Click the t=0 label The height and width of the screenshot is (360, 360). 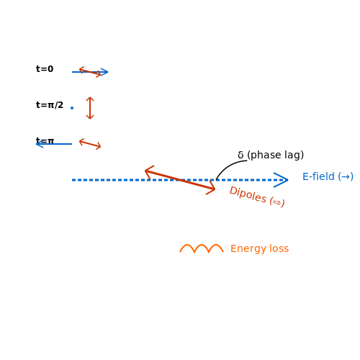(x=45, y=69)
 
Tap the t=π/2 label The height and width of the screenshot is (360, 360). (x=50, y=105)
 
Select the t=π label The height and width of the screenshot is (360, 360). (x=45, y=140)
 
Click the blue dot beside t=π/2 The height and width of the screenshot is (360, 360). (x=72, y=108)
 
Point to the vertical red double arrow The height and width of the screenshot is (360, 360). (x=90, y=108)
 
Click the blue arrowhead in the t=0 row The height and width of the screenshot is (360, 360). (x=104, y=72)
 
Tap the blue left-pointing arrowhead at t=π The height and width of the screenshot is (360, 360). (x=40, y=144)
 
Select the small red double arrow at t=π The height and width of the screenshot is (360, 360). (x=90, y=144)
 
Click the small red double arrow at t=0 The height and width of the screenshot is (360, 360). (x=90, y=72)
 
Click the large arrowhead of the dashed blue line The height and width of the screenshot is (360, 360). (x=282, y=180)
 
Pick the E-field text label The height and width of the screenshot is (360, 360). (x=328, y=176)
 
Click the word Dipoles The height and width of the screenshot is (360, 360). (x=248, y=194)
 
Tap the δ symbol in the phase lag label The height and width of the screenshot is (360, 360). (x=240, y=155)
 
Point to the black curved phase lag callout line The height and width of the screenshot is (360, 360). (x=228, y=167)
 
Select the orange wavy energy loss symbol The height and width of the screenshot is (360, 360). (x=202, y=248)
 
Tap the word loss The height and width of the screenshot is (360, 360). (x=279, y=248)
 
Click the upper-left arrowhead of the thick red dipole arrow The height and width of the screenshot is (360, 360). (x=149, y=171)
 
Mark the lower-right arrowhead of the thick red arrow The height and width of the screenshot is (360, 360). (x=211, y=189)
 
